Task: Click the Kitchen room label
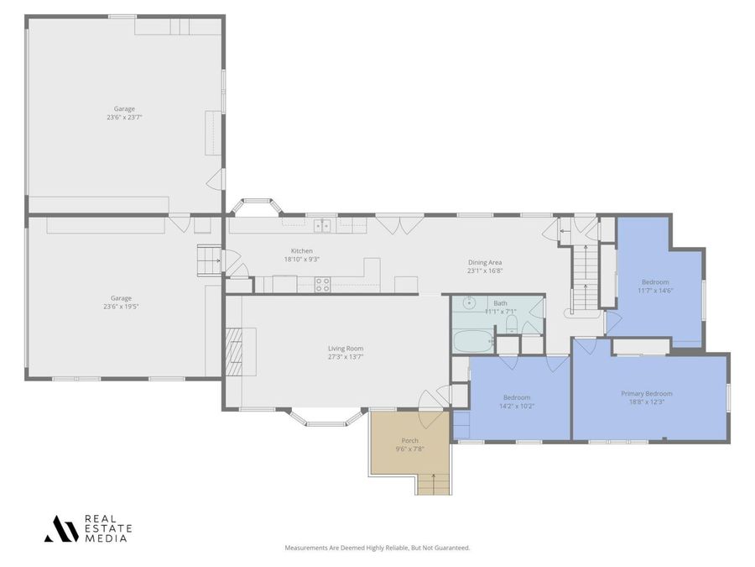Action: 302,250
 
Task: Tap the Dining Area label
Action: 485,263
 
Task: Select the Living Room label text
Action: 346,349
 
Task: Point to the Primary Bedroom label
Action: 646,393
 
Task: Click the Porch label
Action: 409,441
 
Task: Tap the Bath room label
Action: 500,303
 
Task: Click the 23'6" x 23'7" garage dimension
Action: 124,117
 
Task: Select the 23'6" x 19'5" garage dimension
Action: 121,307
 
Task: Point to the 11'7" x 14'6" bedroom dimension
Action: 655,291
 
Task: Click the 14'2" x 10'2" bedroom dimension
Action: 517,406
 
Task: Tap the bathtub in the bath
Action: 474,341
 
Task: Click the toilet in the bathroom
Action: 512,324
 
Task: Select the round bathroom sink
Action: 468,302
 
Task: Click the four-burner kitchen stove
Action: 323,285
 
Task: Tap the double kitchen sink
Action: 323,225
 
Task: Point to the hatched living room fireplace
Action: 235,351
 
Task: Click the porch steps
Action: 434,484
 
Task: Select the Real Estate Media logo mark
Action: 61,529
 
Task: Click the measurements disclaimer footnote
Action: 377,548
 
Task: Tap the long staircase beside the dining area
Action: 586,278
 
